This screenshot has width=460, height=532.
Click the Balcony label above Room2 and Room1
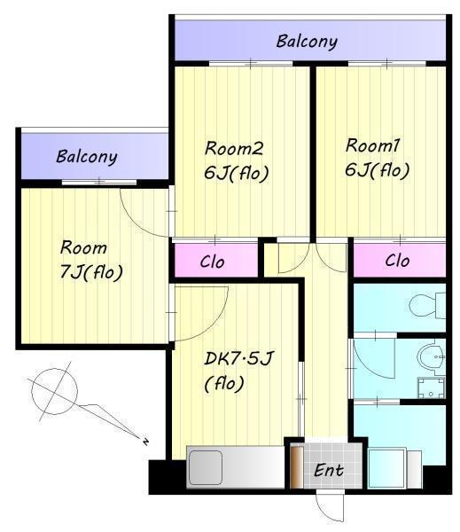coord(307,42)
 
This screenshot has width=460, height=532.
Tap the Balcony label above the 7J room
coord(87,157)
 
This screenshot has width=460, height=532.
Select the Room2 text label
coord(234,149)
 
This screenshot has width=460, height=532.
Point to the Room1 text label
coord(373,145)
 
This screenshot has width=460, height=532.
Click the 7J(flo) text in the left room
coord(91,272)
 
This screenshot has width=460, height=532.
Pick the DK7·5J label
coord(238,358)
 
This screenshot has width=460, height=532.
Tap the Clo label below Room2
coord(213,262)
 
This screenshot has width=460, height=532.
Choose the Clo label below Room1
coord(397,261)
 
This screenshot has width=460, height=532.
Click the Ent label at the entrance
coord(328,470)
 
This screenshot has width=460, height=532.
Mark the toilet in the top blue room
coord(427,305)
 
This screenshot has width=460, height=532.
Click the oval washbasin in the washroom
coord(431,357)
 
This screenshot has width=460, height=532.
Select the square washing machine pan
coord(431,387)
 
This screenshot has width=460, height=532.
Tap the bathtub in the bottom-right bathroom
coord(387,468)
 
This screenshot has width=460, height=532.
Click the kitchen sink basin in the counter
coord(206,467)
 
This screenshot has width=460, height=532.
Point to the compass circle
coord(54,391)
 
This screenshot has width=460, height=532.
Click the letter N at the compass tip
coord(146,442)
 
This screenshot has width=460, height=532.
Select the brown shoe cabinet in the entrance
coord(297,467)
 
